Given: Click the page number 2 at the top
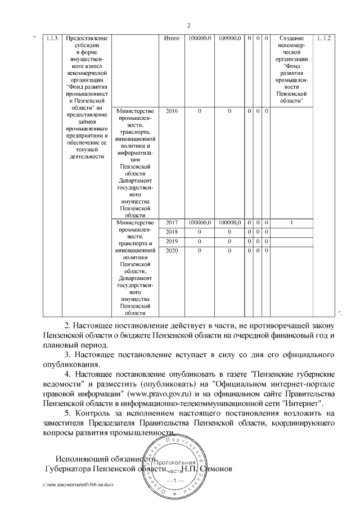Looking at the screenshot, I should point(188,25).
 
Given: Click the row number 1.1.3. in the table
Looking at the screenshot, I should point(53,38).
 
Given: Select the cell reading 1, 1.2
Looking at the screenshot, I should point(325,38).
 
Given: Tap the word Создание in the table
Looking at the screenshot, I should point(291,38).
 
